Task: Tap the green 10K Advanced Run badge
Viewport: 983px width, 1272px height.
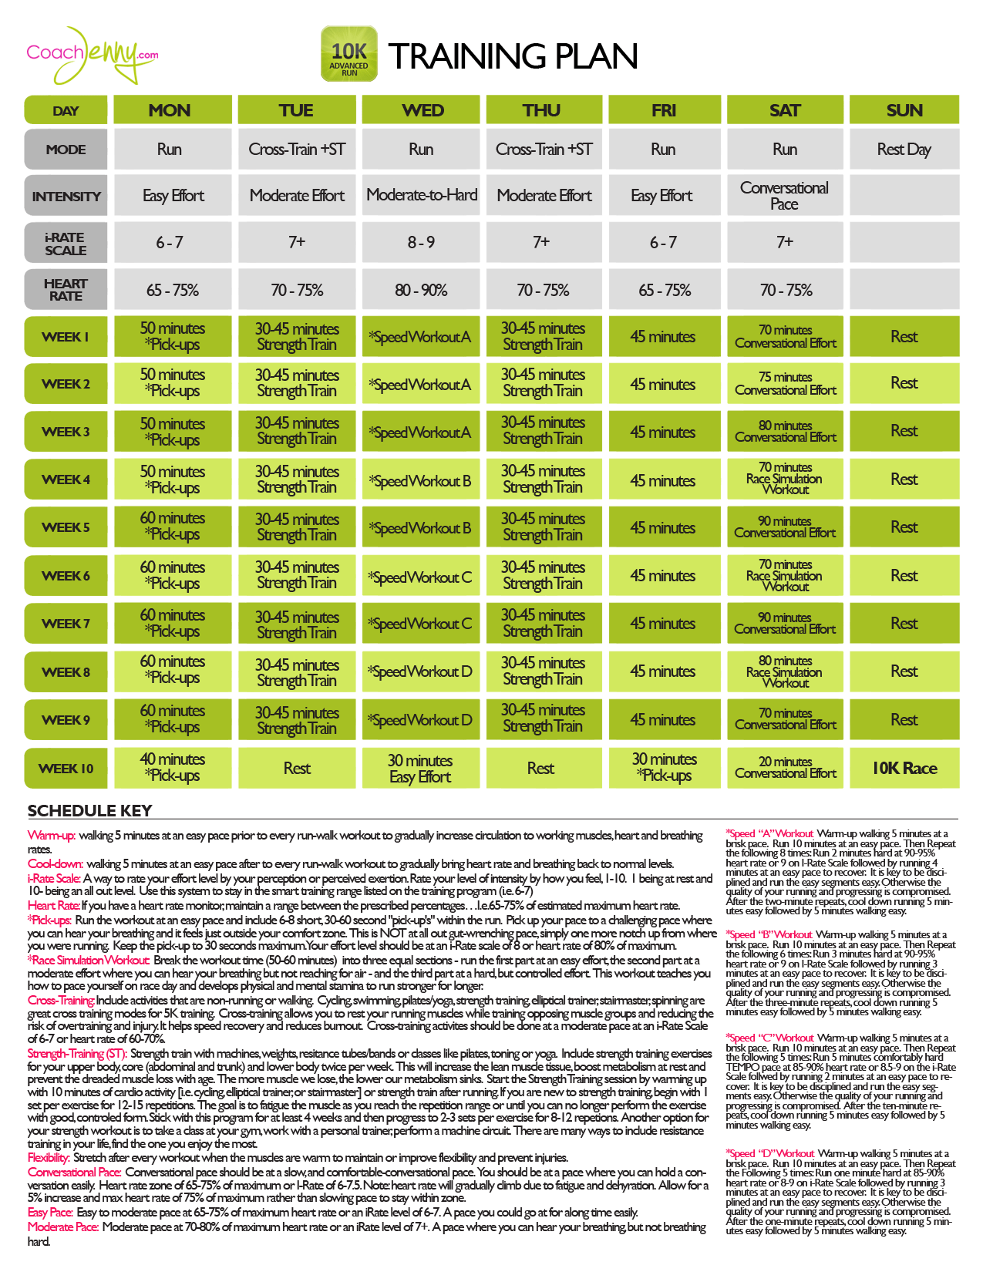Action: point(349,54)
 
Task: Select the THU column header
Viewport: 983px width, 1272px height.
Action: point(541,110)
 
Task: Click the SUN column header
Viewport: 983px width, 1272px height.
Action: point(904,110)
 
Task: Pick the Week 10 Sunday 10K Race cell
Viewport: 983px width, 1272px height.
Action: point(904,768)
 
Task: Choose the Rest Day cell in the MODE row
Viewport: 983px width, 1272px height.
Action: point(904,150)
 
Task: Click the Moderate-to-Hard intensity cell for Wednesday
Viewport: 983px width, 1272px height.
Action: point(422,195)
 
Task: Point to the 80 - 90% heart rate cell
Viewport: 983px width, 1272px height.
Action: point(422,290)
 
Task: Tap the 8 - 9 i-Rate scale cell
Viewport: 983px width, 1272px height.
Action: point(422,242)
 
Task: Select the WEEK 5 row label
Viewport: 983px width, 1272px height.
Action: point(66,527)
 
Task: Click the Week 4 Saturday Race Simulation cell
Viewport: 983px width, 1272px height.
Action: point(785,479)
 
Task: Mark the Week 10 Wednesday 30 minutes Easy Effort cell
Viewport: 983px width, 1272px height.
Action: point(420,768)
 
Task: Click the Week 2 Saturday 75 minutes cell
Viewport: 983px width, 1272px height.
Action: point(785,384)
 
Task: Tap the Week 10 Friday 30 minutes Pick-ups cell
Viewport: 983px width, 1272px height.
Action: point(664,768)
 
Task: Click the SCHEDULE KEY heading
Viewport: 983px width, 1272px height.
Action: point(89,810)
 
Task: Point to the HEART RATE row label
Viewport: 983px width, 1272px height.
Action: point(66,290)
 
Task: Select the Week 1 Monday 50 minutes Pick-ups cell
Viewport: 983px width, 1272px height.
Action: point(173,336)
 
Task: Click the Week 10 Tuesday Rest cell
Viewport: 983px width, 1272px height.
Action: point(297,768)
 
